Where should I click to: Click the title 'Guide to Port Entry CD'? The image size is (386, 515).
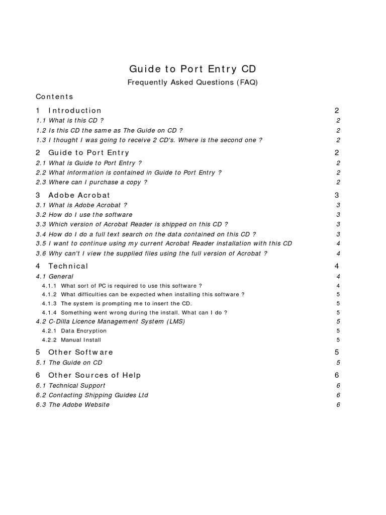[x=193, y=69]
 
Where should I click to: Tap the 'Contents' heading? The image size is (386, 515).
[x=54, y=97]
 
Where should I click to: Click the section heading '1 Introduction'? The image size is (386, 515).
[x=69, y=111]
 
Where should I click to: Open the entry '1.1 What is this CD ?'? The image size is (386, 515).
[x=70, y=121]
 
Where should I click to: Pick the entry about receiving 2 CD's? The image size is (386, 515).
[x=149, y=140]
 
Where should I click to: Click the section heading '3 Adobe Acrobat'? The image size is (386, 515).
[x=73, y=195]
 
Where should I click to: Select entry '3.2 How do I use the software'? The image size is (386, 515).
[x=84, y=215]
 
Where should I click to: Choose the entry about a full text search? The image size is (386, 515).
[x=146, y=234]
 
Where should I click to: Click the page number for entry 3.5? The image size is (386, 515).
[x=338, y=243]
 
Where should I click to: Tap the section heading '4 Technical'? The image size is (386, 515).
[x=62, y=266]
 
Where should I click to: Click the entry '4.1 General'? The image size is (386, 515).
[x=55, y=276]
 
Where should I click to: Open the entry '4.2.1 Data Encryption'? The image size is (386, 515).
[x=74, y=331]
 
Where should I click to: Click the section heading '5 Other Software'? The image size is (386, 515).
[x=74, y=353]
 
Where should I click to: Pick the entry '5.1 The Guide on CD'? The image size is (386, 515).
[x=69, y=363]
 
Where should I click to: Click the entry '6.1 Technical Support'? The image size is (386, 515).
[x=71, y=386]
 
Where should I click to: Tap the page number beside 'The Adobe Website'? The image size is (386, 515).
[x=338, y=405]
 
